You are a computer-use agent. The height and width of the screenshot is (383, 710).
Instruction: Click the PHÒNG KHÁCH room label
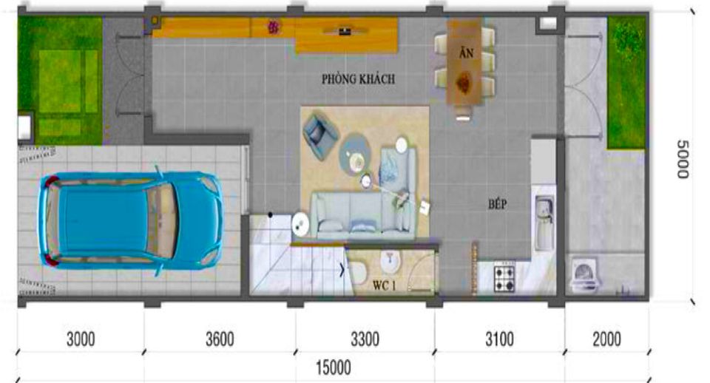coord(358,79)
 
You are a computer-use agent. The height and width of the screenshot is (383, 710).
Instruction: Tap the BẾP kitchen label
coord(497,204)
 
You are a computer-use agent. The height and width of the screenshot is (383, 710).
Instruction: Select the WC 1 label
coord(384,285)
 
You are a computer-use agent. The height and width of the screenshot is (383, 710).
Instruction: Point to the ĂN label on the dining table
coord(466,52)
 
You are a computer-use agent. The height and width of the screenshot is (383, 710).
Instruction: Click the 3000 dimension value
coord(81,339)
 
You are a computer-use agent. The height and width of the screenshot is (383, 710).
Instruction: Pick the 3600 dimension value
coord(220,339)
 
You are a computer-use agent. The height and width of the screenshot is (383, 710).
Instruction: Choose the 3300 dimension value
coord(365,339)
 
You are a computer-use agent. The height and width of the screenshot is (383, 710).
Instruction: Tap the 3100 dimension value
coord(499,339)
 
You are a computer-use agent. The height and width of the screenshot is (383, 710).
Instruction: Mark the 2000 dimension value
coord(606,339)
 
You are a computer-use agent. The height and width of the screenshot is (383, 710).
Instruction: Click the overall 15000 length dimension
coord(334,367)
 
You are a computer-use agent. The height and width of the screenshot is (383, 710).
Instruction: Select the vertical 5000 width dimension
coord(683,159)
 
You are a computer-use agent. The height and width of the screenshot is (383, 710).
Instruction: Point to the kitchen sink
coord(544,222)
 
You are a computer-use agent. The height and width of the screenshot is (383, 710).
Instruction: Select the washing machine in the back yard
coord(586,274)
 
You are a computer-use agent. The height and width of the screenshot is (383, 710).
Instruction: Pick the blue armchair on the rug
coord(320,135)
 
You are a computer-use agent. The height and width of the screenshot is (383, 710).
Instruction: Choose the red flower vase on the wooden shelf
coord(273,28)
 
